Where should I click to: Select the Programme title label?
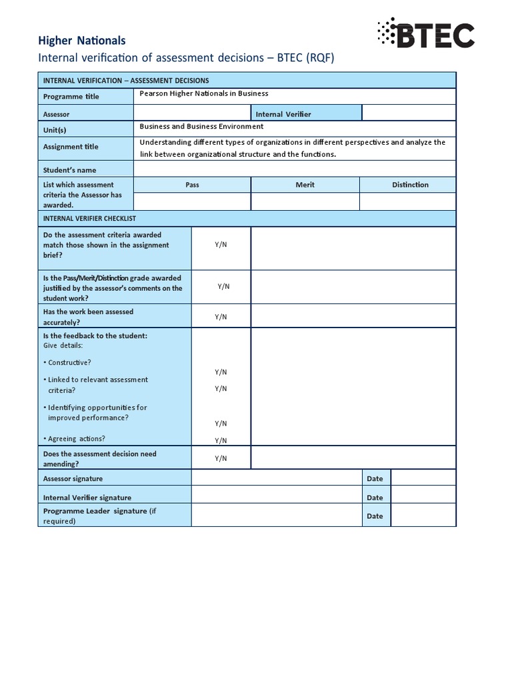pyautogui.click(x=71, y=97)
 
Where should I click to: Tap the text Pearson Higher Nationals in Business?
pyautogui.click(x=204, y=94)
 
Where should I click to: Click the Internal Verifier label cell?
pyautogui.click(x=283, y=114)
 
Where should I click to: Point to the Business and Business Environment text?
pyautogui.click(x=201, y=126)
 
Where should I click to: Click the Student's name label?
pyautogui.click(x=70, y=170)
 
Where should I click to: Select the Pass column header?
pyautogui.click(x=192, y=185)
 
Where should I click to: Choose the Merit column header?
pyautogui.click(x=305, y=185)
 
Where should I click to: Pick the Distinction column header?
pyautogui.click(x=410, y=185)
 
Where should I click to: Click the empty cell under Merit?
pyautogui.click(x=305, y=201)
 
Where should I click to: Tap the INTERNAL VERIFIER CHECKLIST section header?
pyautogui.click(x=89, y=219)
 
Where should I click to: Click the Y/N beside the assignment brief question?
pyautogui.click(x=221, y=245)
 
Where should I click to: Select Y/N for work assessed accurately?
pyautogui.click(x=221, y=317)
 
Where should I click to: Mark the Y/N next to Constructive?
pyautogui.click(x=221, y=372)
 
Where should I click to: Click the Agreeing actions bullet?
pyautogui.click(x=74, y=439)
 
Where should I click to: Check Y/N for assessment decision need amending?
pyautogui.click(x=221, y=458)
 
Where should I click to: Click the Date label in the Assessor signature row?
pyautogui.click(x=375, y=479)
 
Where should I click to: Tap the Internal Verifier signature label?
pyautogui.click(x=87, y=498)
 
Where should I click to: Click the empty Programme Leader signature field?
pyautogui.click(x=277, y=516)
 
